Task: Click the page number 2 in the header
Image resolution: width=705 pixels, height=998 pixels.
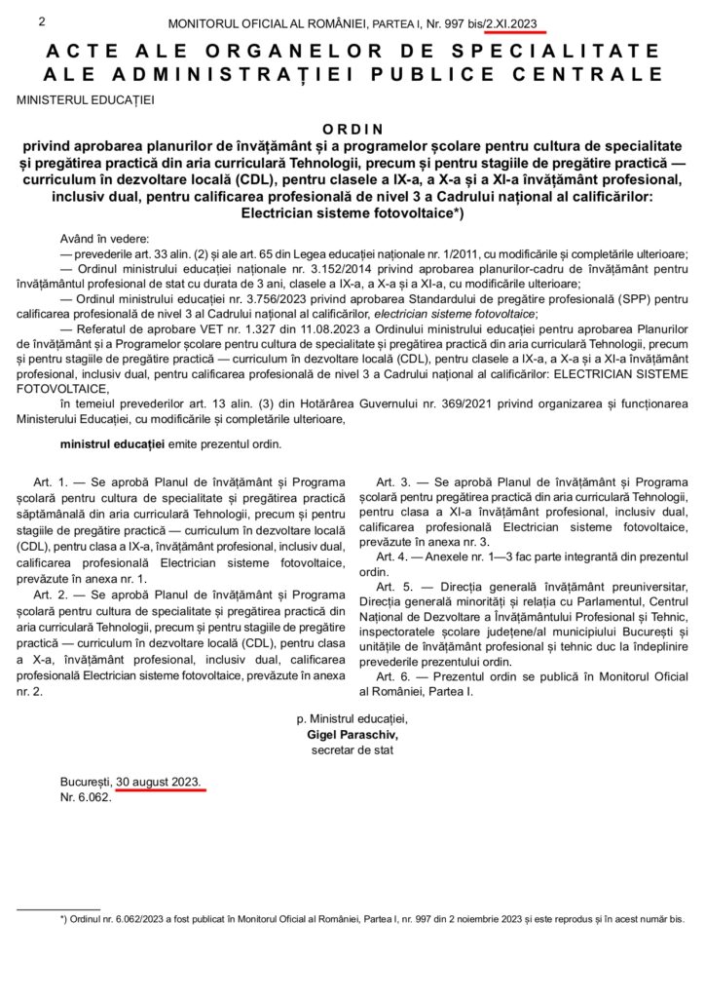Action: click(x=41, y=19)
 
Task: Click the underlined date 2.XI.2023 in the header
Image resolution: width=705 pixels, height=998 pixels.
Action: click(x=515, y=21)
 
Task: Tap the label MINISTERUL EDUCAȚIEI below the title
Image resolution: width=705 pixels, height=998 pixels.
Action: click(x=85, y=98)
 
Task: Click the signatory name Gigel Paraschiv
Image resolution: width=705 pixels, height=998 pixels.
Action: click(x=352, y=734)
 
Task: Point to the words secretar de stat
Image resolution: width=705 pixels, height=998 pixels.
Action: click(x=352, y=749)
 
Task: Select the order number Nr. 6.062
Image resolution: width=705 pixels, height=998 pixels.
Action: click(x=86, y=797)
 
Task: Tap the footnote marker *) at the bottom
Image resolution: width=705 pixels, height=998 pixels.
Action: click(x=63, y=918)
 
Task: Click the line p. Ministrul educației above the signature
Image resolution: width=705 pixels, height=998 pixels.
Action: click(x=352, y=718)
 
